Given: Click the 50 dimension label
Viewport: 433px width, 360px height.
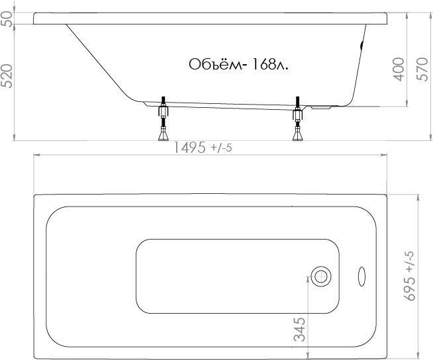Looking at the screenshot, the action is click(x=7, y=19).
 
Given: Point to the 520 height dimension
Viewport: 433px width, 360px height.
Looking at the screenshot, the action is click(x=7, y=76).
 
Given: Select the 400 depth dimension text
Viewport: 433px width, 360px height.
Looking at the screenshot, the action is click(x=398, y=69).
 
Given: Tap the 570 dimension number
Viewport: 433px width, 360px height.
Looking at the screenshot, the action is click(x=422, y=69).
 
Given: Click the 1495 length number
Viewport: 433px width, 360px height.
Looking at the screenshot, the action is click(x=189, y=147).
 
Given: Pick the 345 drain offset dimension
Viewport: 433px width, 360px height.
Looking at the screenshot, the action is click(x=300, y=330).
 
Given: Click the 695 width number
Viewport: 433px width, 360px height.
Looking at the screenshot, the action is click(x=410, y=289).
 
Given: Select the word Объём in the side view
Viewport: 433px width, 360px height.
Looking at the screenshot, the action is click(x=215, y=65).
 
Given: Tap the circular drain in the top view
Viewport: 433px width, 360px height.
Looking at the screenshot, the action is click(x=321, y=277).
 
